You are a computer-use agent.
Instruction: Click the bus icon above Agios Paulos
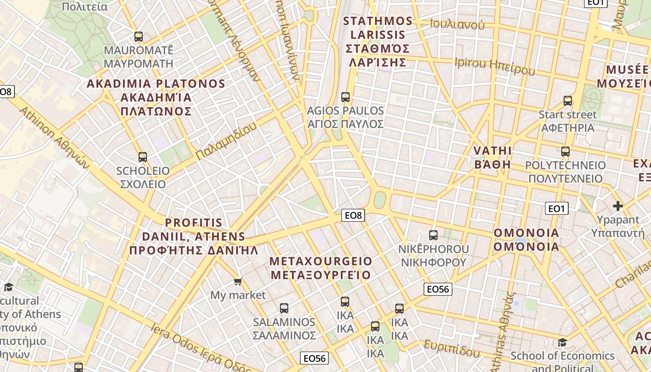pyautogui.click(x=345, y=97)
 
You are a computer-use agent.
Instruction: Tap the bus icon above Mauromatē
pyautogui.click(x=138, y=37)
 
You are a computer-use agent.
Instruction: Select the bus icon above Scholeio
pyautogui.click(x=142, y=157)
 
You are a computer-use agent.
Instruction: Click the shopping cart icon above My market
pyautogui.click(x=238, y=281)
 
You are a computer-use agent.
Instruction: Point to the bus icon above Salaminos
pyautogui.click(x=284, y=308)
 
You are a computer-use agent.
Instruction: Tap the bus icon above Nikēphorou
pyautogui.click(x=433, y=235)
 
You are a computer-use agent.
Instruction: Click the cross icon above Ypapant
pyautogui.click(x=618, y=206)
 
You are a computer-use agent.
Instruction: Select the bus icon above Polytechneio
pyautogui.click(x=565, y=152)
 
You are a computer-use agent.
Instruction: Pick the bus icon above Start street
pyautogui.click(x=567, y=101)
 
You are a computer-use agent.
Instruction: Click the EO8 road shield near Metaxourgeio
pyautogui.click(x=353, y=215)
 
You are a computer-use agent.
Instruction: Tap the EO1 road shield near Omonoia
pyautogui.click(x=556, y=209)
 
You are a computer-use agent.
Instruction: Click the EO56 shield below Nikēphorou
pyautogui.click(x=438, y=289)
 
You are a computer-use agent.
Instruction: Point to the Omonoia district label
pyautogui.click(x=526, y=239)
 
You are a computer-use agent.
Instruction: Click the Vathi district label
pyautogui.click(x=492, y=158)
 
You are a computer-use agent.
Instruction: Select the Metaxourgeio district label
pyautogui.click(x=321, y=268)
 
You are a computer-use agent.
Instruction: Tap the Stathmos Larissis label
pyautogui.click(x=378, y=41)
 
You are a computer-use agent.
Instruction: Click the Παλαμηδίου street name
pyautogui.click(x=226, y=141)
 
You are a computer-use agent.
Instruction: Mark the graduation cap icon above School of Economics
pyautogui.click(x=562, y=342)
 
